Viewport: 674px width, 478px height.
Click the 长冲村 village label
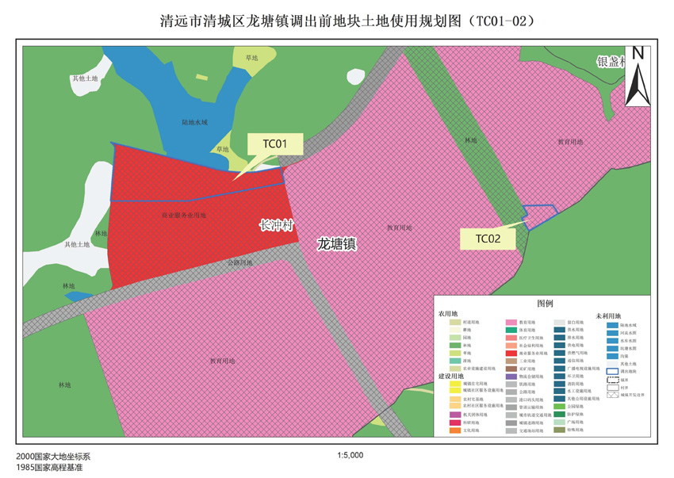coord(277,226)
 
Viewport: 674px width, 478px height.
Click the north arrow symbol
coord(638,77)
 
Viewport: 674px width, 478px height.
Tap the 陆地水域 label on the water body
coord(194,123)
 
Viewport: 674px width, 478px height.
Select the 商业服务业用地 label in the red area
coord(184,215)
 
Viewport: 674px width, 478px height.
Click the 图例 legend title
coord(545,304)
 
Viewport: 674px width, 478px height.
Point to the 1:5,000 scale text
coord(350,456)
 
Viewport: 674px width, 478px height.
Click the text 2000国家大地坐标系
coord(53,457)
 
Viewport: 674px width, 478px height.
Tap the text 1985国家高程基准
coord(49,468)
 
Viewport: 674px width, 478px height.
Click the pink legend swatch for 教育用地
coord(512,323)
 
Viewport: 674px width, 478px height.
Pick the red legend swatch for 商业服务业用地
coord(512,352)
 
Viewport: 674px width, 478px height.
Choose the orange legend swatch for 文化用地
coord(455,431)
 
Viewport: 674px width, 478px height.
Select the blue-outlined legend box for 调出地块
coord(612,371)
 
